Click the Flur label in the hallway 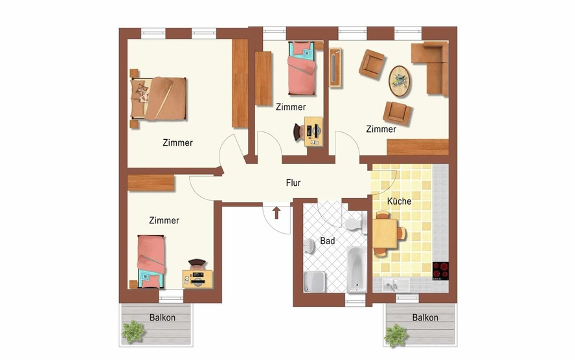click(293, 183)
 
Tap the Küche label click(399, 201)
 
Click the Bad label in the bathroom click(328, 241)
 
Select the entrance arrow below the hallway click(276, 213)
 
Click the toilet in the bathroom click(356, 223)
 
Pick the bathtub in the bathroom click(356, 269)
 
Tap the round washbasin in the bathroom click(309, 245)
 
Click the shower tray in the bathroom click(314, 281)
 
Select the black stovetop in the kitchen click(440, 271)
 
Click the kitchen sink click(396, 284)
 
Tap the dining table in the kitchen click(385, 233)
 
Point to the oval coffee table click(400, 81)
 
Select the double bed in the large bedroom click(158, 98)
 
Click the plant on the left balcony click(133, 332)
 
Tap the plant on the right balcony click(396, 335)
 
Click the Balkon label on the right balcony click(425, 317)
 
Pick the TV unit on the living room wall click(336, 68)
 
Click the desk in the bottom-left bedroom click(197, 279)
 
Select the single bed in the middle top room click(301, 68)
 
